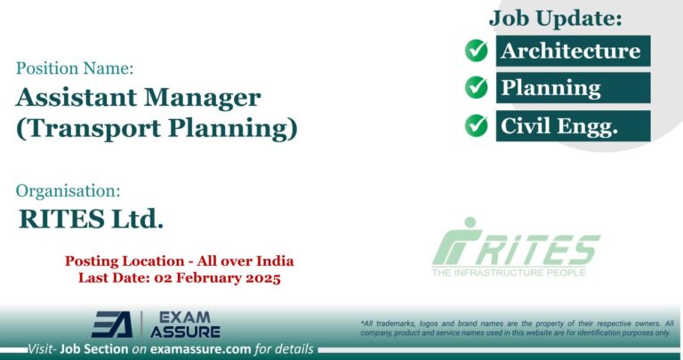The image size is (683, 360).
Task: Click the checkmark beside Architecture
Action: point(477,51)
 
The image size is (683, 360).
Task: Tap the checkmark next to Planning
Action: point(477,88)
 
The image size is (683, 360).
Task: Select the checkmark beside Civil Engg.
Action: point(477,125)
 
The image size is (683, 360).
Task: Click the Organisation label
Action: point(68,190)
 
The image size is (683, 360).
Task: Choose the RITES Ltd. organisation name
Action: point(91,219)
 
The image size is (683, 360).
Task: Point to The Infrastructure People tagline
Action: point(509,272)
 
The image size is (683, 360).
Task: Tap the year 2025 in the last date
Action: point(260,278)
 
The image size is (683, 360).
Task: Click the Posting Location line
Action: point(180,261)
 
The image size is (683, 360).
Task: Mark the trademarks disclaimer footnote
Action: point(517,327)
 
